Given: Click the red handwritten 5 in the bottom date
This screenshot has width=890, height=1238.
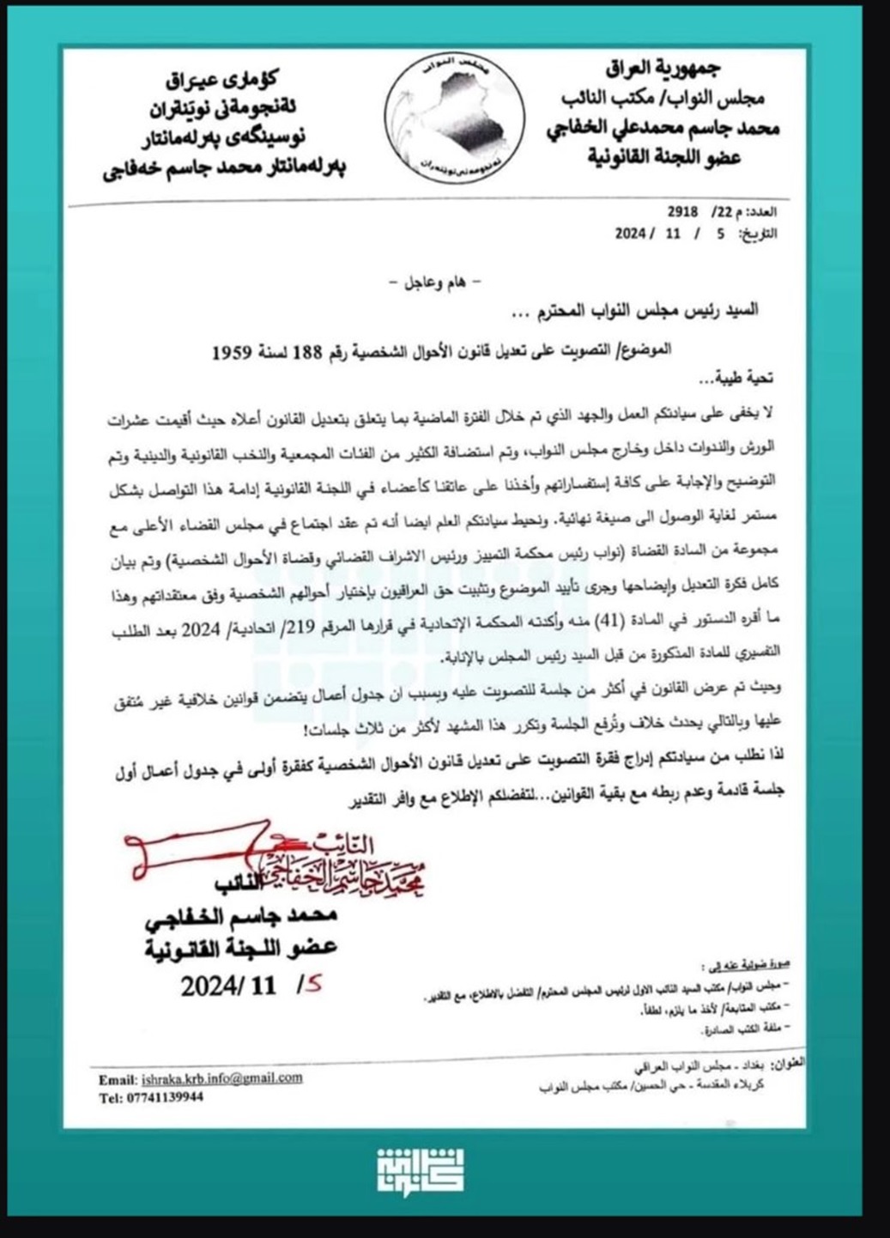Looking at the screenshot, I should click(x=311, y=986).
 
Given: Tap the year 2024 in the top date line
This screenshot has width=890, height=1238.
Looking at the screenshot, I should click(x=635, y=231).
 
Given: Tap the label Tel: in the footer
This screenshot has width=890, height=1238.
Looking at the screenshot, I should click(x=111, y=1097).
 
